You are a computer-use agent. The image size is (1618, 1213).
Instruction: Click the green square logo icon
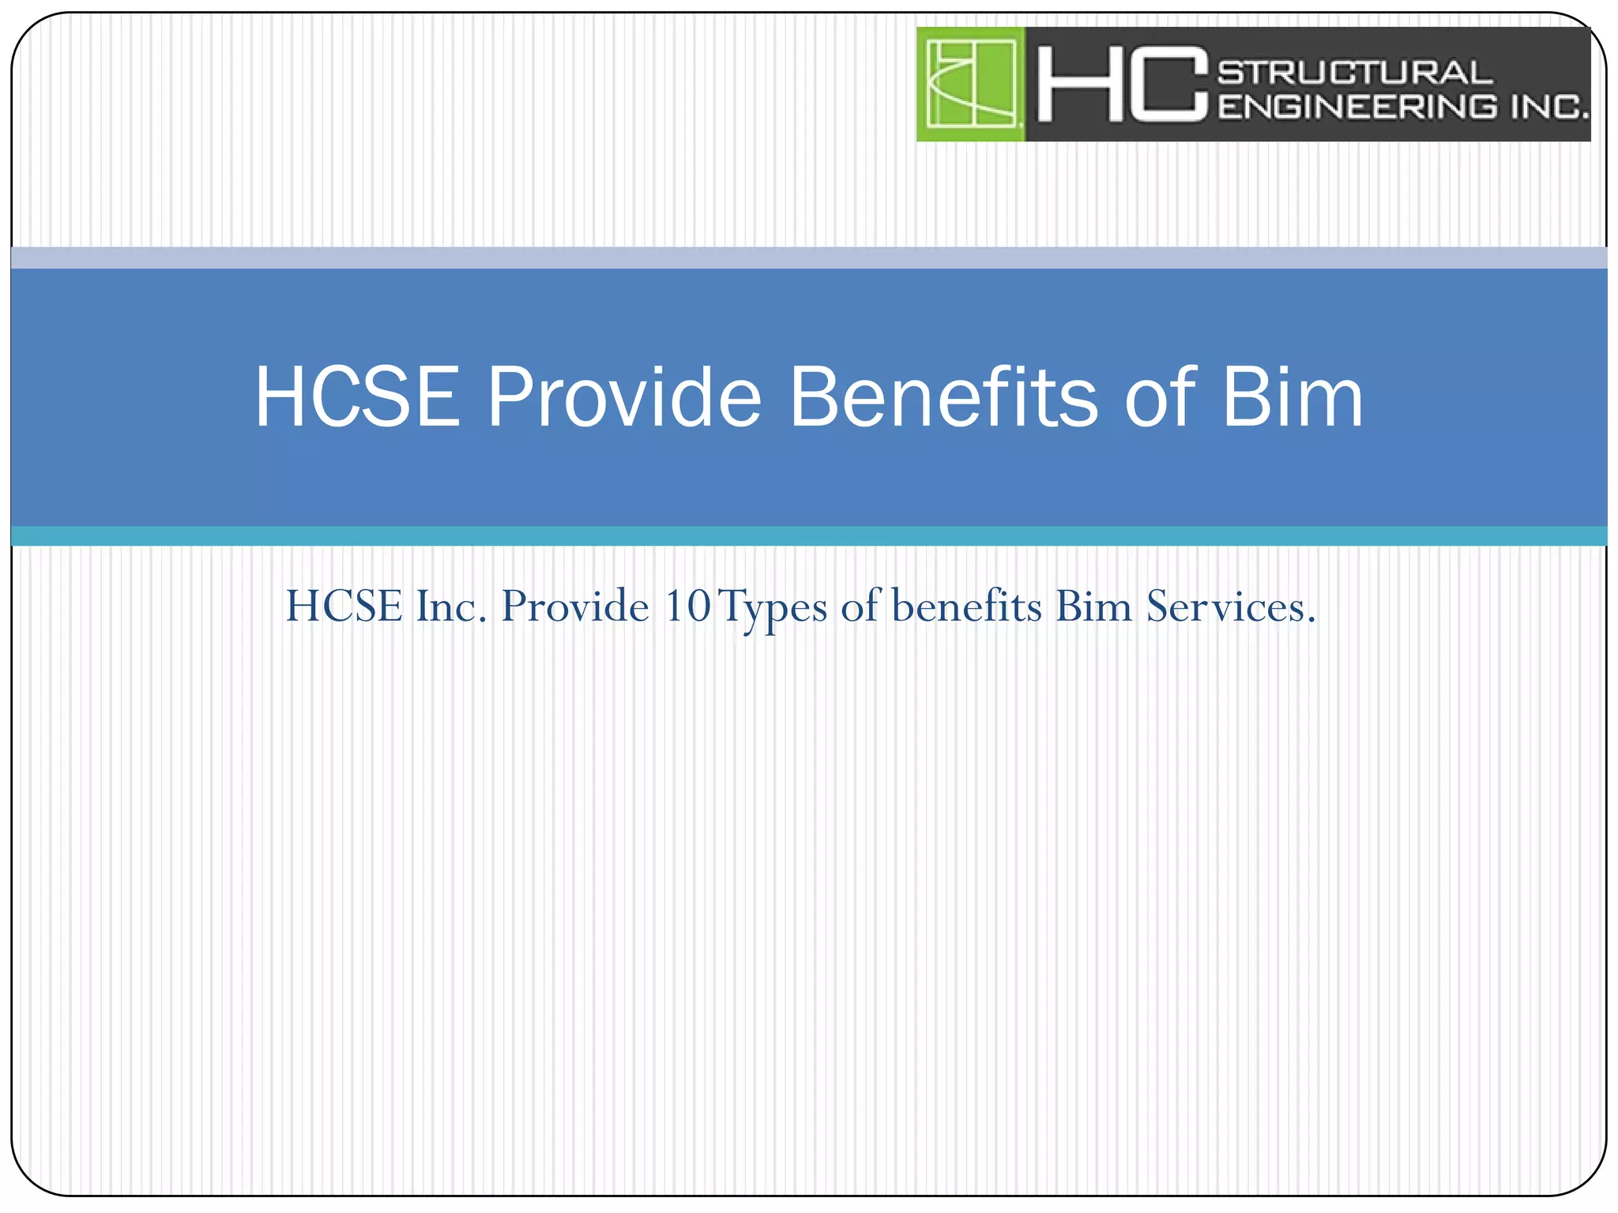click(x=971, y=84)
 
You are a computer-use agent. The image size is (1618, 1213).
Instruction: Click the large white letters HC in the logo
click(x=1122, y=84)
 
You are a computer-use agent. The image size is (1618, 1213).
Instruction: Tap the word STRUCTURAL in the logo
click(x=1355, y=72)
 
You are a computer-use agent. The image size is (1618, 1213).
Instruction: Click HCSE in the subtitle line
click(x=344, y=606)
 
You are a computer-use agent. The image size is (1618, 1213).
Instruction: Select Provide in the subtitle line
click(x=575, y=606)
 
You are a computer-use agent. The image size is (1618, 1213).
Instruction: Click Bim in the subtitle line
click(x=1094, y=606)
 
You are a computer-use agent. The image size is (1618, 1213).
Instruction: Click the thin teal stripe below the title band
click(x=809, y=535)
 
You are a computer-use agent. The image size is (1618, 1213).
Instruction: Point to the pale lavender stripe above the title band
click(x=809, y=257)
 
